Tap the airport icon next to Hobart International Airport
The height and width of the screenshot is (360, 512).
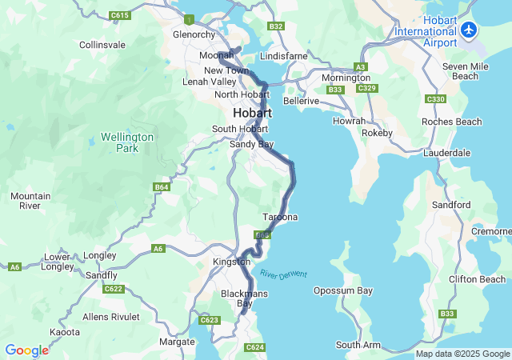pyautogui.click(x=469, y=31)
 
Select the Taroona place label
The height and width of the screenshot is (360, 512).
pyautogui.click(x=280, y=218)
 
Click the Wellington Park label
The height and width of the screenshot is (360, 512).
pyautogui.click(x=127, y=142)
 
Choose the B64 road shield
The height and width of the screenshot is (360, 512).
pyautogui.click(x=162, y=187)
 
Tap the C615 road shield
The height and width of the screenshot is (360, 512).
pyautogui.click(x=120, y=15)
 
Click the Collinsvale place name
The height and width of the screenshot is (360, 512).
pyautogui.click(x=102, y=45)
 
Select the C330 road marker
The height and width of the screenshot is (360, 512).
pyautogui.click(x=436, y=98)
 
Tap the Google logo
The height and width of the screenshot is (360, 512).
pyautogui.click(x=26, y=350)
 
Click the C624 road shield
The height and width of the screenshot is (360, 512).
pyautogui.click(x=254, y=347)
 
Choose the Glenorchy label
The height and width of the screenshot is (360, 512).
pyautogui.click(x=194, y=34)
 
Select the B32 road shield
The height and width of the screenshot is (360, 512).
pyautogui.click(x=277, y=26)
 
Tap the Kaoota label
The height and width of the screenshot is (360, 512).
pyautogui.click(x=65, y=331)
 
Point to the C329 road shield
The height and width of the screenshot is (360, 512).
pyautogui.click(x=366, y=88)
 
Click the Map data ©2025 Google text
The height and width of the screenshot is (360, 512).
pyautogui.click(x=462, y=354)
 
